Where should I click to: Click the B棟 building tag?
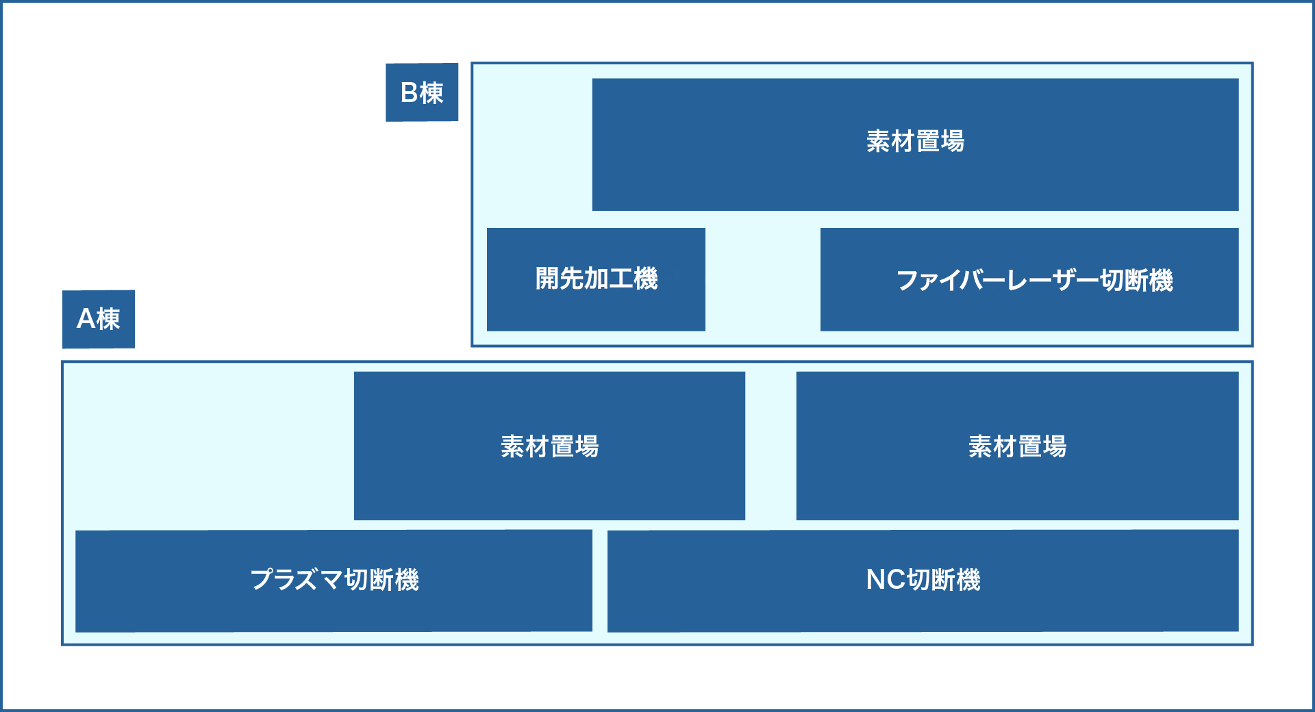pyautogui.click(x=422, y=92)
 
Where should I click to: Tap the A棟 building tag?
pyautogui.click(x=99, y=319)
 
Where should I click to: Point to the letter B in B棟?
pyautogui.click(x=409, y=93)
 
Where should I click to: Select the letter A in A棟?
pyautogui.click(x=86, y=319)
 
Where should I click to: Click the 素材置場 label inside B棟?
pyautogui.click(x=915, y=142)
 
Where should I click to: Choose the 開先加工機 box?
pyautogui.click(x=596, y=279)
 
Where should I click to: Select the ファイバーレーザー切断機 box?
pyautogui.click(x=1029, y=279)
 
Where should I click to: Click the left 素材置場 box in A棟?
pyautogui.click(x=549, y=446)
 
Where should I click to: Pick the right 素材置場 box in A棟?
pyautogui.click(x=1017, y=446)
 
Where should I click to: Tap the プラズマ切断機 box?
pyautogui.click(x=334, y=581)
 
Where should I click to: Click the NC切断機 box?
pyautogui.click(x=923, y=581)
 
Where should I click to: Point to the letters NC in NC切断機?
pyautogui.click(x=886, y=580)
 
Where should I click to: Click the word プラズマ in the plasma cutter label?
pyautogui.click(x=296, y=581)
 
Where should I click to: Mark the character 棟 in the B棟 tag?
pyautogui.click(x=432, y=93)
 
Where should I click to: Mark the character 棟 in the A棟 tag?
pyautogui.click(x=108, y=319)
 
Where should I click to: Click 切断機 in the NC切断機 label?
pyautogui.click(x=944, y=581)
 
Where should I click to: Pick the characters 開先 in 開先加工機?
pyautogui.click(x=559, y=279)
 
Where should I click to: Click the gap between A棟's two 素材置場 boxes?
pyautogui.click(x=771, y=446)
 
